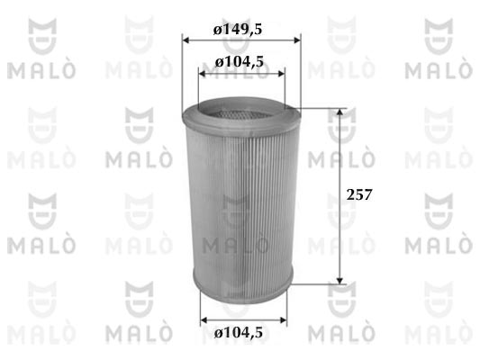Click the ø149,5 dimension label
238,30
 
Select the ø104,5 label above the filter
239,62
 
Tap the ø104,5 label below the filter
239,332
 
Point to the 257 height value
359,194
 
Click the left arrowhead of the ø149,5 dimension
186,40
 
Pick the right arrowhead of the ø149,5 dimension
297,40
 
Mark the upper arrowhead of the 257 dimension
340,112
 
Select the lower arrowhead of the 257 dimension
340,280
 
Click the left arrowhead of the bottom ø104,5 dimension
204,320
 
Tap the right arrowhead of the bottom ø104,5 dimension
283,320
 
